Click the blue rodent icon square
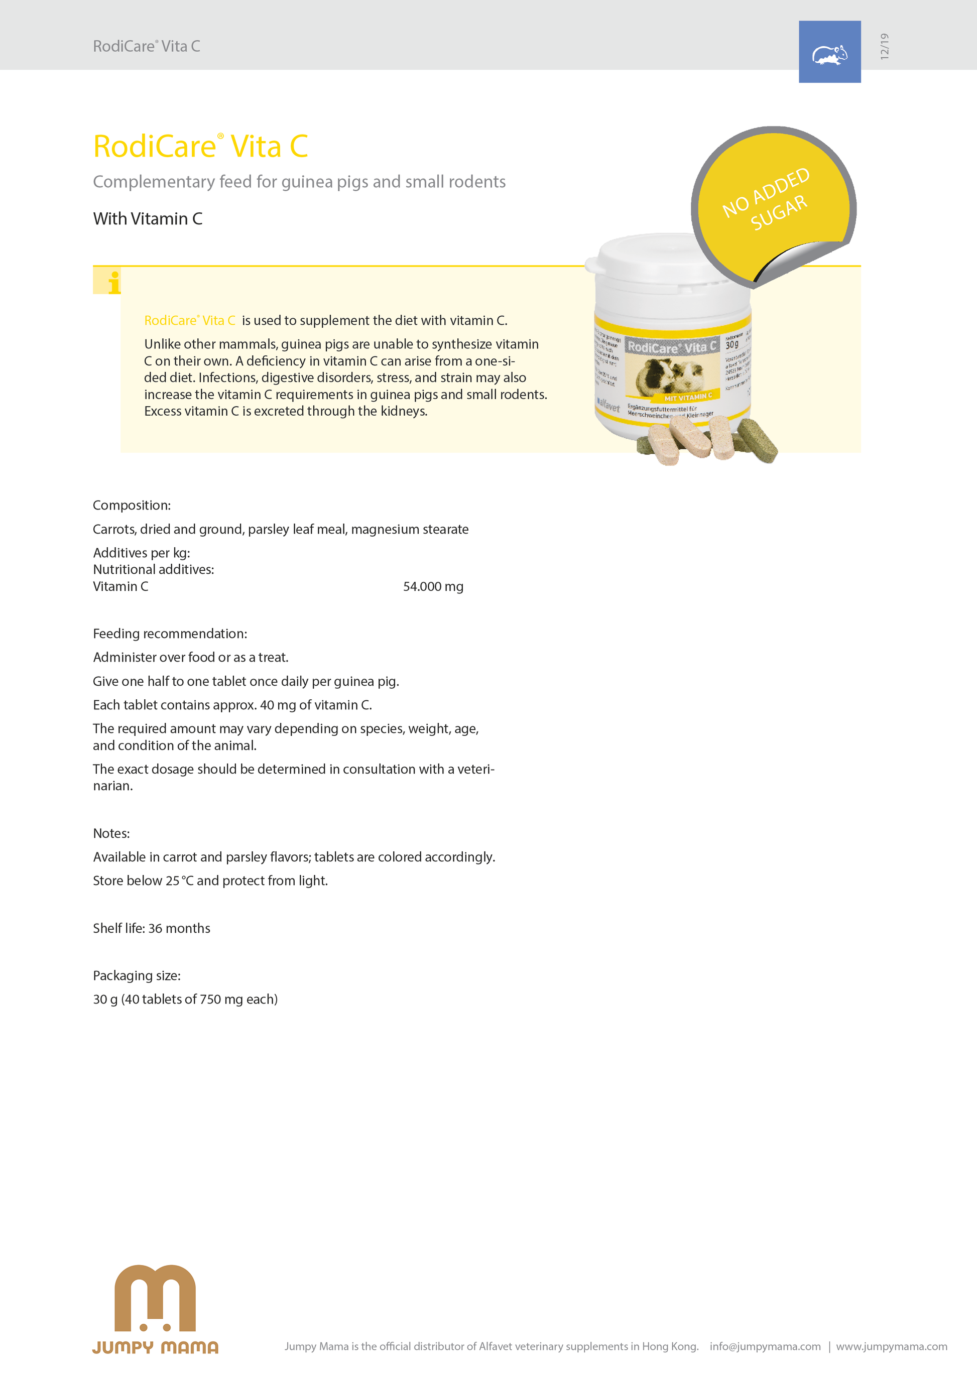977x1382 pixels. (829, 52)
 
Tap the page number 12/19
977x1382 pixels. (884, 46)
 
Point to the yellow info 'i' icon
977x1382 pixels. (113, 282)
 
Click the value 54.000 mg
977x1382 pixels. (433, 586)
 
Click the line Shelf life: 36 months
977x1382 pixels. (152, 928)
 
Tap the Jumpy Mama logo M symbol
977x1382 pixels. (155, 1298)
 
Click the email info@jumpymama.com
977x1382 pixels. (765, 1346)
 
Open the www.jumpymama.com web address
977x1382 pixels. (891, 1346)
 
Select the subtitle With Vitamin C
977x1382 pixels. (148, 219)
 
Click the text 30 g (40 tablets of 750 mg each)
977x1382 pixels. (185, 999)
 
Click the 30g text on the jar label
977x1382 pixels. (731, 345)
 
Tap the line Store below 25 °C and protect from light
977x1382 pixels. (210, 881)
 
